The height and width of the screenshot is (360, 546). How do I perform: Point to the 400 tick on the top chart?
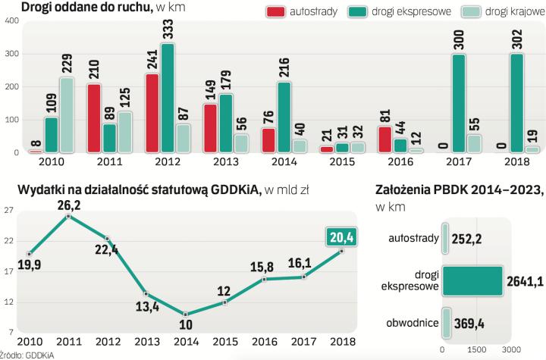point(11,20)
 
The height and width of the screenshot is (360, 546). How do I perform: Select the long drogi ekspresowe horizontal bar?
point(472,280)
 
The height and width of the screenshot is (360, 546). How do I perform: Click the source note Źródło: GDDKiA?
point(21,354)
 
